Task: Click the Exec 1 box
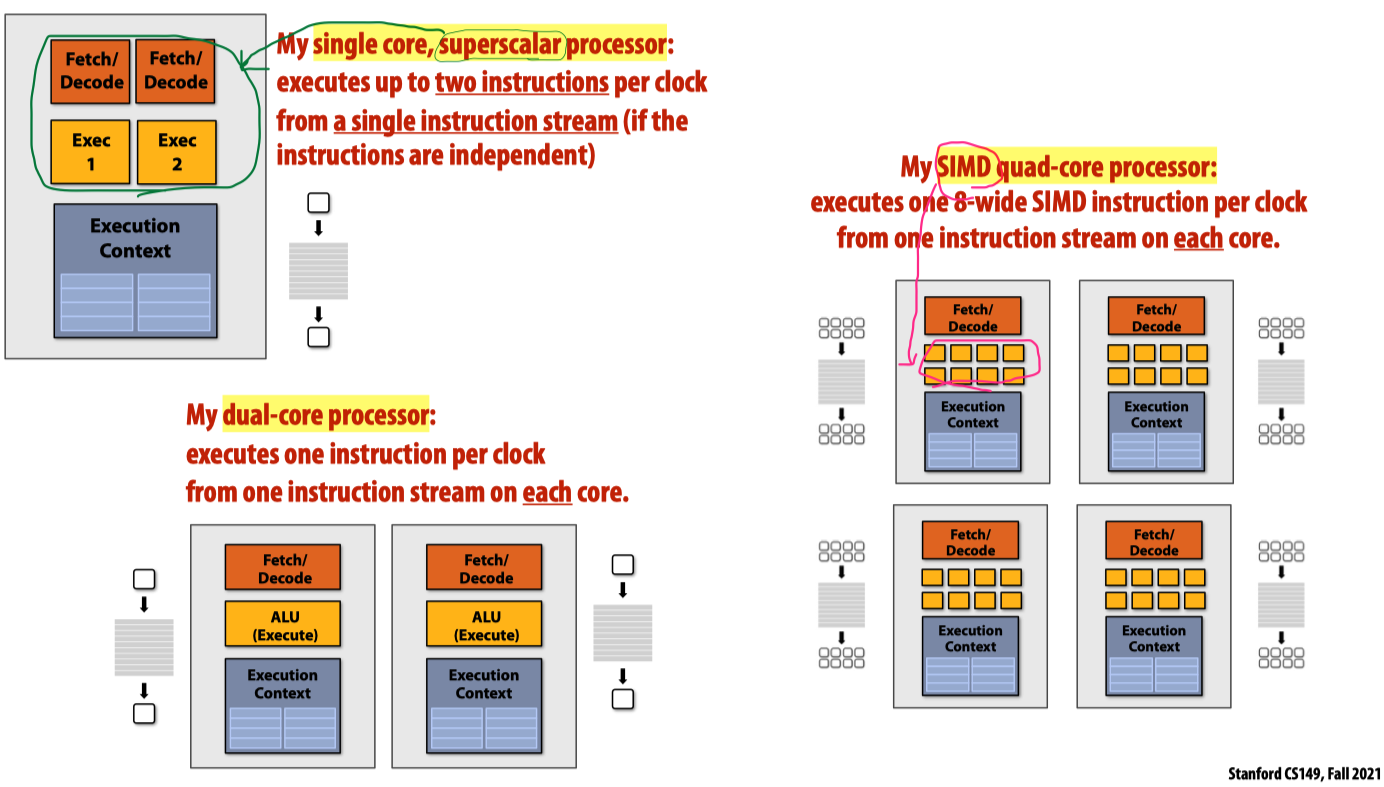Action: pyautogui.click(x=91, y=151)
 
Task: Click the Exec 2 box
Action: pyautogui.click(x=176, y=151)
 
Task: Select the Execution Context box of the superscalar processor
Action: pyautogui.click(x=135, y=270)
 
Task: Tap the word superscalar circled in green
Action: pyautogui.click(x=501, y=45)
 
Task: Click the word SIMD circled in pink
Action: pyautogui.click(x=965, y=167)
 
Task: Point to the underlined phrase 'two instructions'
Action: pyautogui.click(x=522, y=82)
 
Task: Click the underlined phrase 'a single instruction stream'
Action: pyautogui.click(x=475, y=121)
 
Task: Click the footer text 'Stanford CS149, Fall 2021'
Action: pyautogui.click(x=1304, y=774)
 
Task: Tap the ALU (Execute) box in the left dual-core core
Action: pyautogui.click(x=282, y=624)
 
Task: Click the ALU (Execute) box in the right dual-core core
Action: pyautogui.click(x=484, y=624)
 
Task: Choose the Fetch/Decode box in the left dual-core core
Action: pyautogui.click(x=282, y=567)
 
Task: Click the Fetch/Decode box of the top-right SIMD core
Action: pyautogui.click(x=1156, y=316)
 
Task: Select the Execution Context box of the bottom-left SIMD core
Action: pyautogui.click(x=970, y=654)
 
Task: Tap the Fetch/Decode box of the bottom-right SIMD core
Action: pyautogui.click(x=1154, y=540)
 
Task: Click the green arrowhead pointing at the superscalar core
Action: pyautogui.click(x=246, y=69)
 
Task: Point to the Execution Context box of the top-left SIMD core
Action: pyautogui.click(x=973, y=431)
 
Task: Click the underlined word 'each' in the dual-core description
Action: pyautogui.click(x=547, y=492)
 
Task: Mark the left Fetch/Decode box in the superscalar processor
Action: pyautogui.click(x=91, y=71)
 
